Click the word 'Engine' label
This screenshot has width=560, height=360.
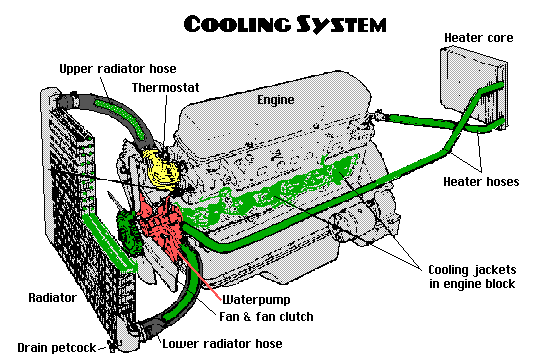pyautogui.click(x=277, y=101)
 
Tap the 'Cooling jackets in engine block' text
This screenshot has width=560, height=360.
pyautogui.click(x=471, y=276)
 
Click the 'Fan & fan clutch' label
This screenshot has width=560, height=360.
pyautogui.click(x=266, y=317)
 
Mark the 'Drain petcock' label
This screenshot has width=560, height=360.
pyautogui.click(x=54, y=345)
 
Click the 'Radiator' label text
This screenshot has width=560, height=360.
pyautogui.click(x=49, y=297)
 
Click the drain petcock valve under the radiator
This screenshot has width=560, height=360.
pyautogui.click(x=117, y=345)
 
